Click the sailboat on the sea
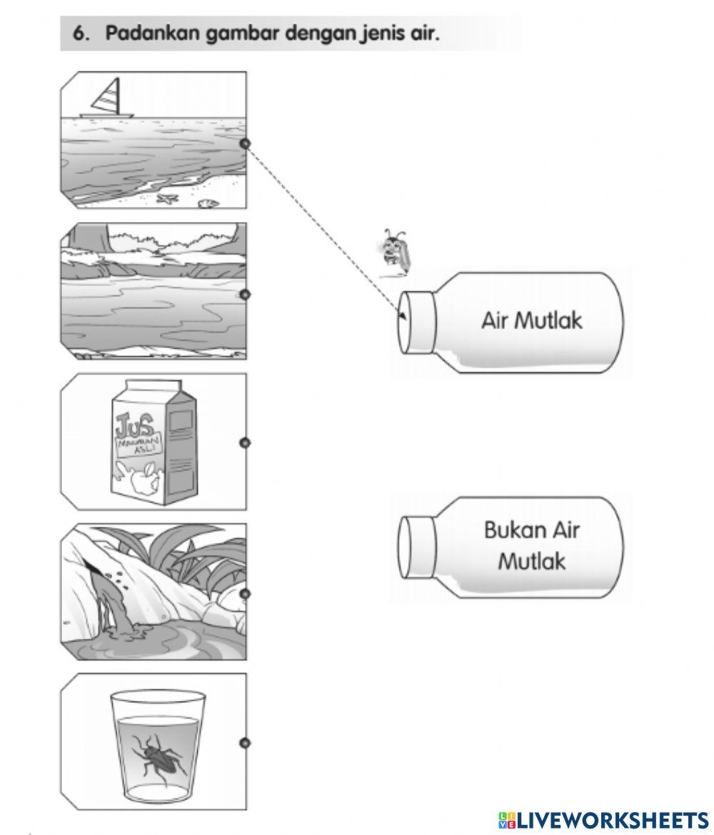[x=108, y=99]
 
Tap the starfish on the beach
[x=168, y=199]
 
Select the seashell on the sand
[x=208, y=203]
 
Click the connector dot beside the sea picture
[x=245, y=143]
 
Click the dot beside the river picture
[x=245, y=294]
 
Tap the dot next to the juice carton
[x=245, y=443]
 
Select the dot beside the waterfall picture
[x=245, y=593]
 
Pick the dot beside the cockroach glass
[x=245, y=743]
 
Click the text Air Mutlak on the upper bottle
[x=531, y=320]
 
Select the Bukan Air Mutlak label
[x=531, y=545]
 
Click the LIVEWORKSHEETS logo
[x=603, y=819]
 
